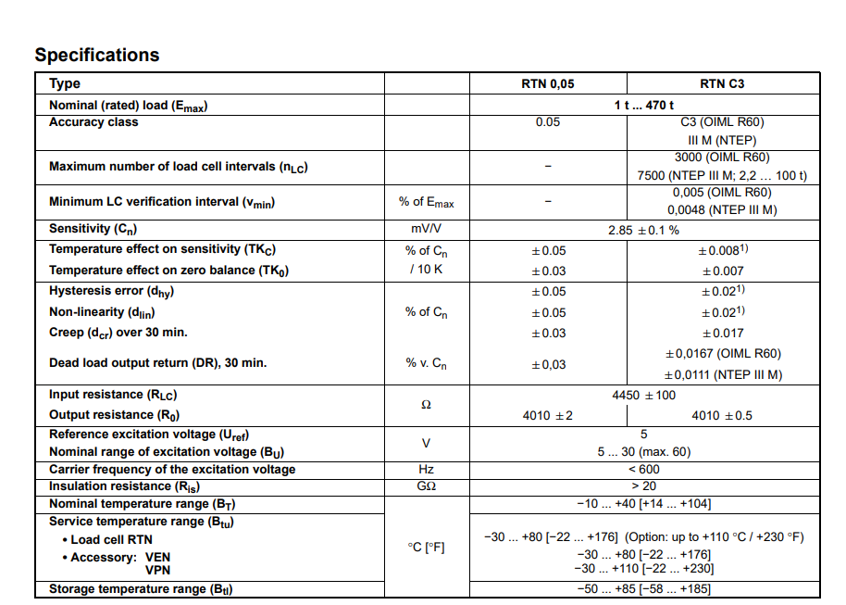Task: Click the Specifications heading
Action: pyautogui.click(x=97, y=55)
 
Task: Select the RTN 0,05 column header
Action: pyautogui.click(x=548, y=83)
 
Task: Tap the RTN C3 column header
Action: pyautogui.click(x=722, y=83)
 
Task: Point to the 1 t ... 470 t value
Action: pyautogui.click(x=644, y=105)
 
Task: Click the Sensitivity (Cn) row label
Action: pyautogui.click(x=93, y=229)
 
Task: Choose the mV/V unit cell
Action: pyautogui.click(x=427, y=229)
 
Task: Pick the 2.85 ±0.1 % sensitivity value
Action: pyautogui.click(x=644, y=230)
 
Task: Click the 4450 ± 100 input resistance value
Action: pyautogui.click(x=644, y=395)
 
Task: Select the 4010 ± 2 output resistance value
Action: pyautogui.click(x=548, y=415)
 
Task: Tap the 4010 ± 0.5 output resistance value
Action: pyautogui.click(x=722, y=415)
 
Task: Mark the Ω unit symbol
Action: pyautogui.click(x=427, y=405)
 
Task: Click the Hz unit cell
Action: pyautogui.click(x=427, y=470)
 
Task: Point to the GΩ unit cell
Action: pyautogui.click(x=427, y=486)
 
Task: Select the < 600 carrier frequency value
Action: pyautogui.click(x=644, y=470)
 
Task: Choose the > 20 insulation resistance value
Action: pyautogui.click(x=644, y=486)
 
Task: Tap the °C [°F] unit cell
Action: pyautogui.click(x=427, y=547)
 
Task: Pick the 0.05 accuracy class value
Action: pyautogui.click(x=548, y=121)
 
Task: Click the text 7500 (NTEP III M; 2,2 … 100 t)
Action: pyautogui.click(x=722, y=175)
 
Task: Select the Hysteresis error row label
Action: pyautogui.click(x=111, y=291)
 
